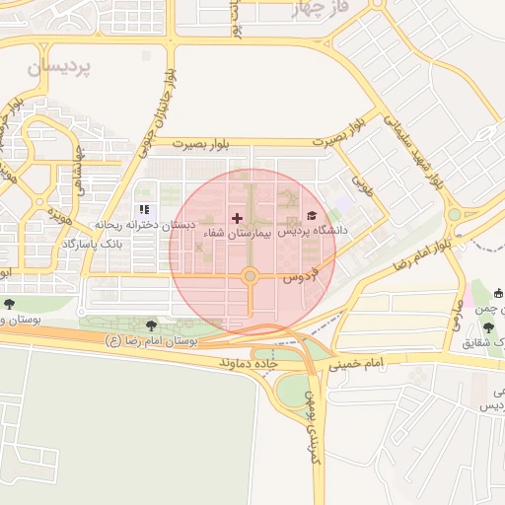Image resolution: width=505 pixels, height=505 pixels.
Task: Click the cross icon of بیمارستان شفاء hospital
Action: [236, 217]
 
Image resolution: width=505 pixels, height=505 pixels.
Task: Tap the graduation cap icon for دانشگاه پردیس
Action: [312, 215]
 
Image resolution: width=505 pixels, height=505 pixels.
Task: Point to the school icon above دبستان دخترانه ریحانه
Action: [144, 210]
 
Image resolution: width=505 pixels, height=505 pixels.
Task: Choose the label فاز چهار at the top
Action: [322, 11]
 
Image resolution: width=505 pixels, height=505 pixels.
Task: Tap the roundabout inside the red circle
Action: [251, 276]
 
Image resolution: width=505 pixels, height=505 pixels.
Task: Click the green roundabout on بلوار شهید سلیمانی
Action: [454, 213]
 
